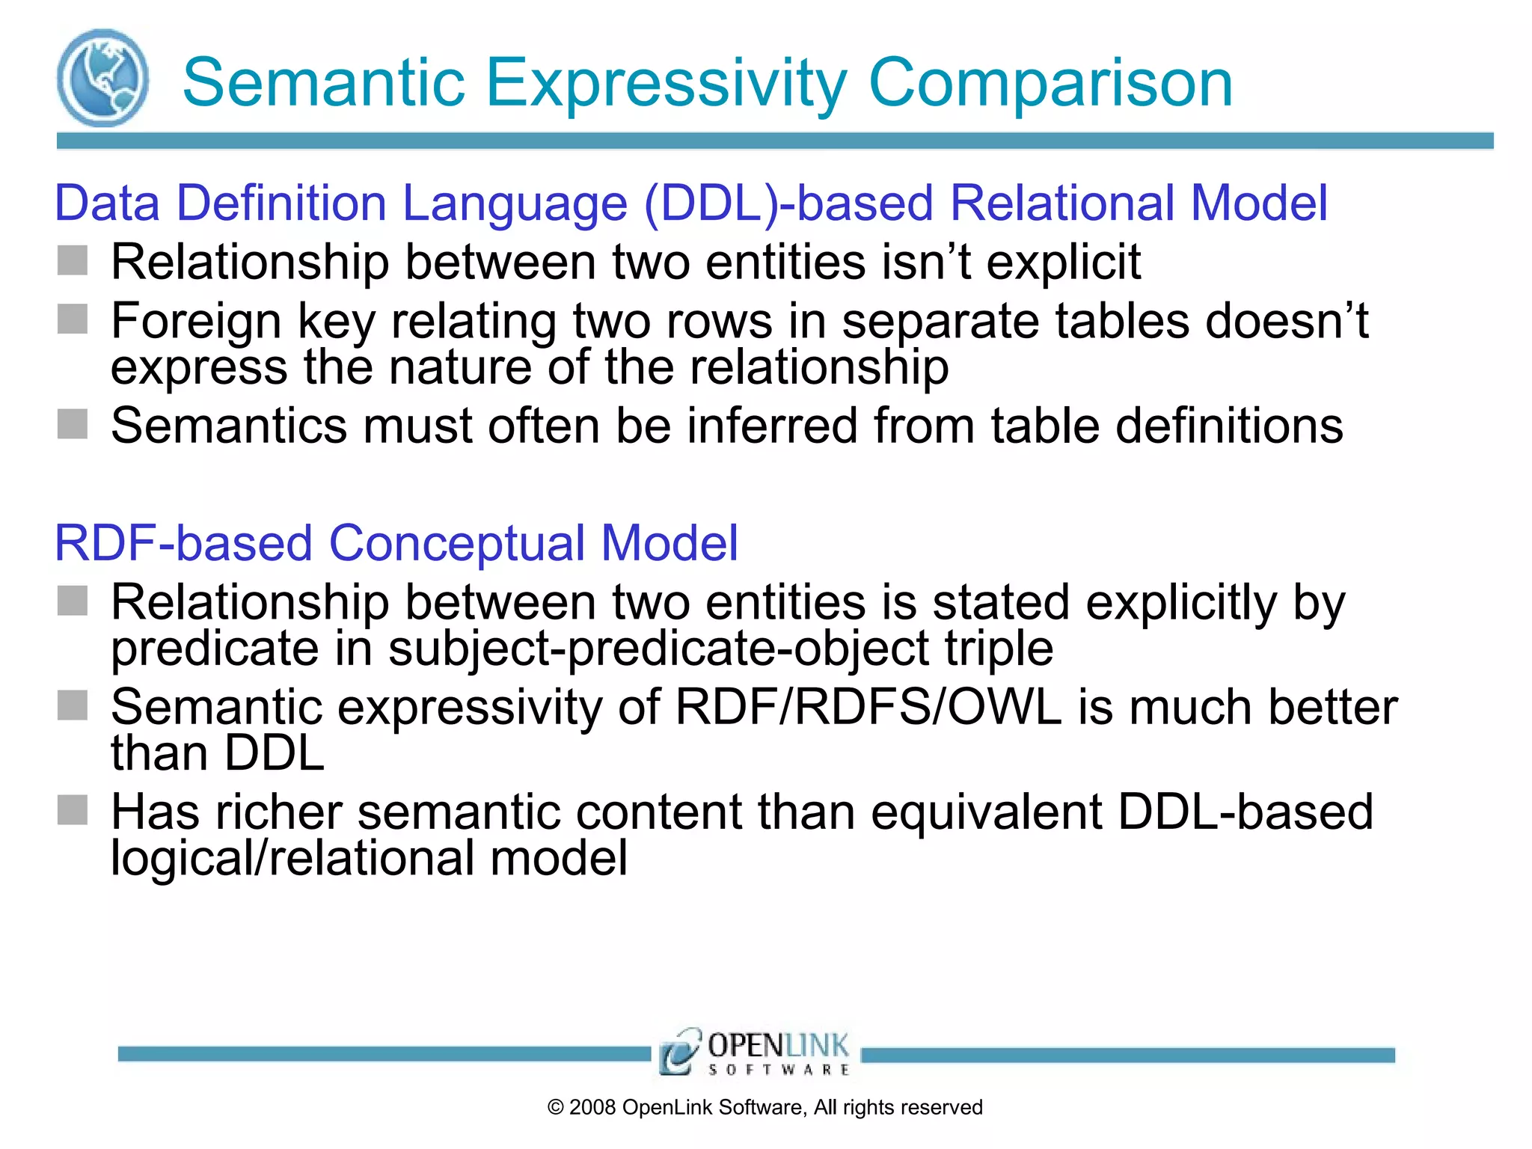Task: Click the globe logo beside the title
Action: pos(102,78)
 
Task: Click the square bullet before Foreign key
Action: pos(73,319)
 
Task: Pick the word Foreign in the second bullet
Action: pos(196,321)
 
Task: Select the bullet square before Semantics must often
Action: pos(73,424)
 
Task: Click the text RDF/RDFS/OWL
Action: pos(868,707)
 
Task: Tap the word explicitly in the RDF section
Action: pos(1180,602)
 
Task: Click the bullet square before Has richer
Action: pos(73,810)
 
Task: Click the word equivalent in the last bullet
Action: pos(986,812)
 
